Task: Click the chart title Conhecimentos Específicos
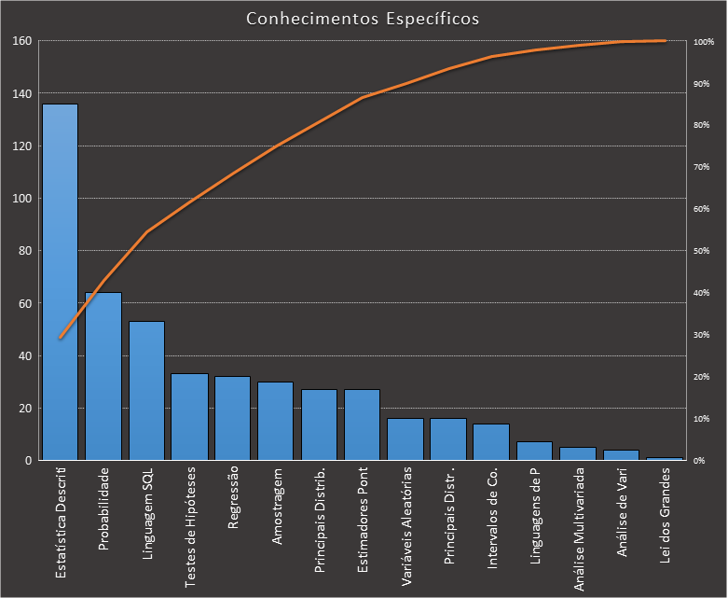click(364, 19)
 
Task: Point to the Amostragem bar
click(276, 421)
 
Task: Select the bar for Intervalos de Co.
click(491, 442)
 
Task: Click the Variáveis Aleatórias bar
click(405, 439)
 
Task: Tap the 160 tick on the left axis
click(21, 41)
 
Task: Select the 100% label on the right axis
click(703, 42)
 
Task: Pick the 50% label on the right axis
click(702, 251)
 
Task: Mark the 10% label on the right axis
click(702, 419)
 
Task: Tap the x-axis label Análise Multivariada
click(579, 528)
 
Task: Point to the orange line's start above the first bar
click(61, 338)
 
